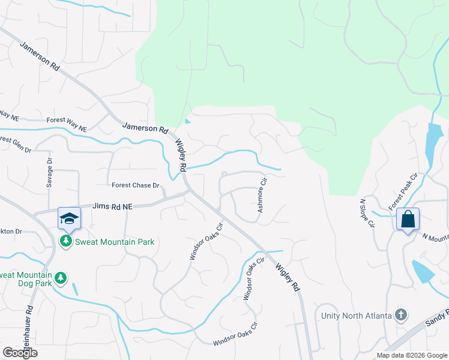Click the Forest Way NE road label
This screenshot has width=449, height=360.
[x=67, y=124]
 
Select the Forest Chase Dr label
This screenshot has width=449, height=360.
[x=136, y=186]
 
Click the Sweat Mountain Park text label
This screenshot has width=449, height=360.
[x=114, y=242]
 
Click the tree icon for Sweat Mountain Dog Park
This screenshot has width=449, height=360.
[x=60, y=278]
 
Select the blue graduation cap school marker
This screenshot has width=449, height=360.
[x=69, y=218]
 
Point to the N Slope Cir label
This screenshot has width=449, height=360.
[x=367, y=214]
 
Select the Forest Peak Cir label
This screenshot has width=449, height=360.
[x=402, y=191]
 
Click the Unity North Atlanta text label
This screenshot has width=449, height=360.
[x=355, y=316]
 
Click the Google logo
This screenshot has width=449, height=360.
[x=20, y=353]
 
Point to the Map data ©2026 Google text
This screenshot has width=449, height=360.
[x=412, y=355]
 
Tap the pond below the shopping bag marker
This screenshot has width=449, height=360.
[x=424, y=271]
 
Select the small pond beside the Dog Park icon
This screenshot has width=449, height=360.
[x=74, y=288]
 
